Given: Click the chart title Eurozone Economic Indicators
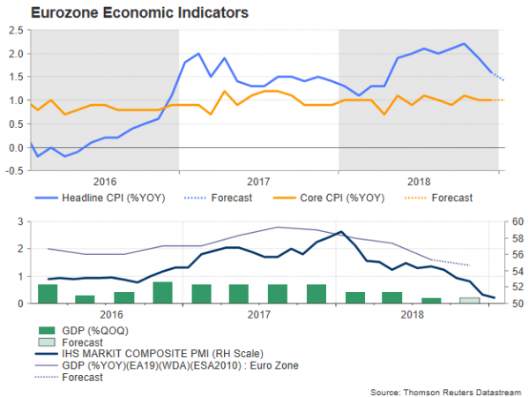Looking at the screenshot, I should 127,12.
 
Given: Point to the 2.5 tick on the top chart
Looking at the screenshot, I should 17,29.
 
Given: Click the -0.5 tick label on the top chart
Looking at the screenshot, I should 14,170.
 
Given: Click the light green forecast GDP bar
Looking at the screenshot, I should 470,301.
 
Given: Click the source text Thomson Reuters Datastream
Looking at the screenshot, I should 447,390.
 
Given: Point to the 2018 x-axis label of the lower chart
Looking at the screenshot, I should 412,313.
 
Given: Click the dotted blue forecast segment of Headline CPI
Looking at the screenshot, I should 498,76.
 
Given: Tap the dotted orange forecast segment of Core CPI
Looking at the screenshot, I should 495,101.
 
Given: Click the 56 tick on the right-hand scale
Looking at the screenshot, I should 517,254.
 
